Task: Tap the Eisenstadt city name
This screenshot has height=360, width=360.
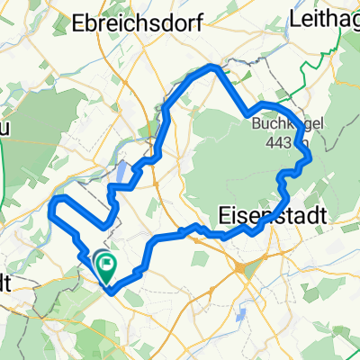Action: (x=269, y=215)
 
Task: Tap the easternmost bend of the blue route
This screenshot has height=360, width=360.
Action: (x=310, y=157)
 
